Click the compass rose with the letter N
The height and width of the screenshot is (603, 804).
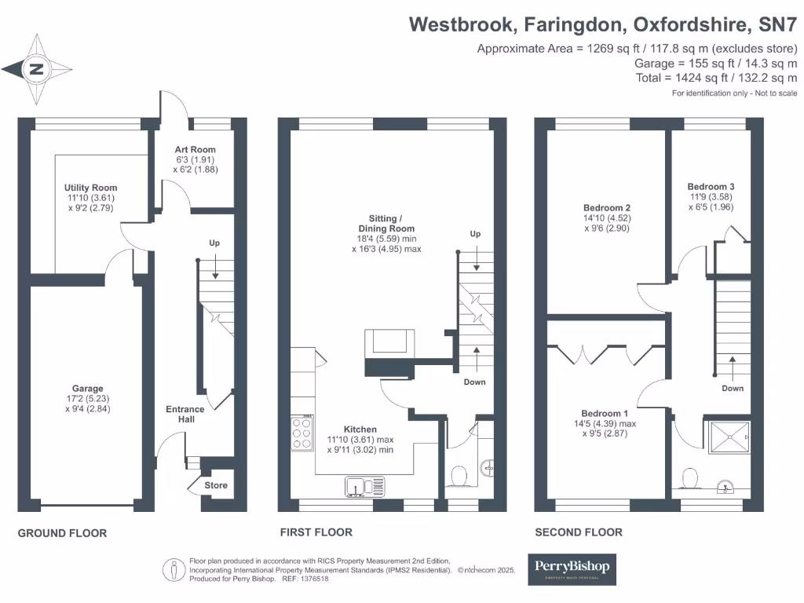pos(36,69)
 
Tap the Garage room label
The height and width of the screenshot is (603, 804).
pos(88,389)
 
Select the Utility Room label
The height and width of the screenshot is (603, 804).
pos(90,188)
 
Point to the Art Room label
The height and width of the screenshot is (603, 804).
pos(196,149)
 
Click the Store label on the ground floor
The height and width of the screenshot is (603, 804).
pos(216,485)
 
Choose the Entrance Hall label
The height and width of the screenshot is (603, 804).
pos(185,414)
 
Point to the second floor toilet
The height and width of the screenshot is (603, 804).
pos(691,479)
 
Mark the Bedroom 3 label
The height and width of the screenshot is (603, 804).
pos(711,186)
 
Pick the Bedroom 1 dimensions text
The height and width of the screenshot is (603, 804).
pos(605,428)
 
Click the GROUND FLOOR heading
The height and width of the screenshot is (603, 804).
pos(62,533)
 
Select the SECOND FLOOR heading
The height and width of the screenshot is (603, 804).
pos(579,532)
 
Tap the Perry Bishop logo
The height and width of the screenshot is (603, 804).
pos(571,568)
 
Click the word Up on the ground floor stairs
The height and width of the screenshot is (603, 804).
pos(214,243)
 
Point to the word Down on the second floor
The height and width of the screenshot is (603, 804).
pos(733,388)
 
